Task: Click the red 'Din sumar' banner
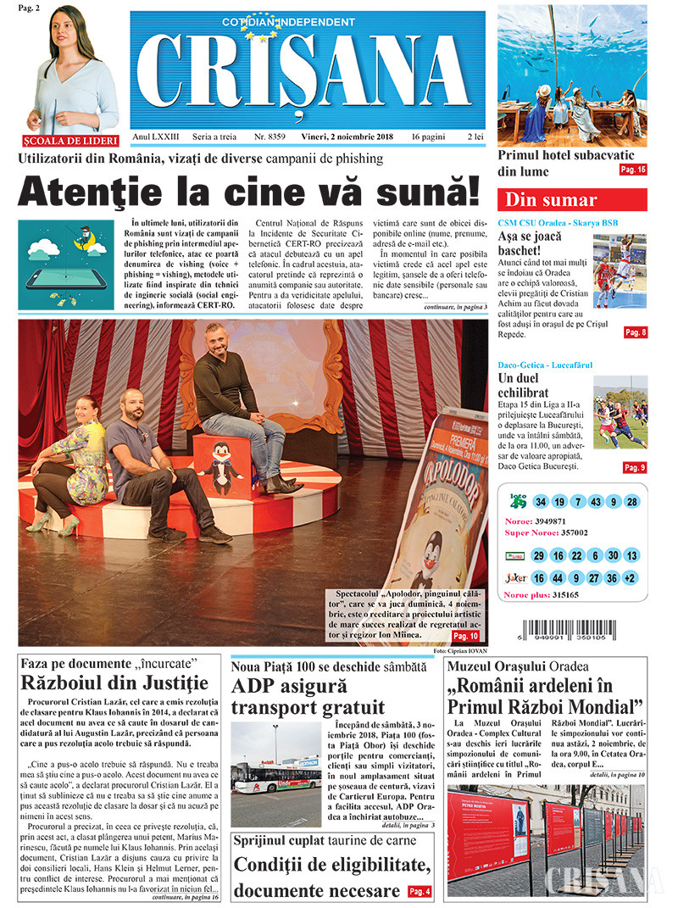pos(572,200)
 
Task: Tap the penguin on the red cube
pos(220,469)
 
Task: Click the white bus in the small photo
pos(275,774)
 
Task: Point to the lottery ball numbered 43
pos(597,502)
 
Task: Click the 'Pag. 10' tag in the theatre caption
pos(466,636)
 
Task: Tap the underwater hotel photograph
pos(572,75)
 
